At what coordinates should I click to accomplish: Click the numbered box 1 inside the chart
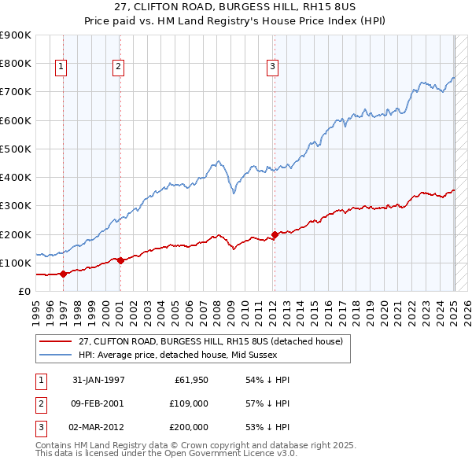point(61,68)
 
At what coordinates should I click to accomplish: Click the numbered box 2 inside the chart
point(117,68)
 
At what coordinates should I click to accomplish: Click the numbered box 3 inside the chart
point(272,68)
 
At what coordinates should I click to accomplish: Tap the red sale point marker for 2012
point(275,234)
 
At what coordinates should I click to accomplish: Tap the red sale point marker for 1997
point(64,273)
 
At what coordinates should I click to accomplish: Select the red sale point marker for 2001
point(120,260)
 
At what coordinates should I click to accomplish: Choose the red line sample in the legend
point(55,342)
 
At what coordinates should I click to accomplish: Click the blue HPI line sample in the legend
point(55,355)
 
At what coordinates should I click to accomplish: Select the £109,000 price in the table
point(189,403)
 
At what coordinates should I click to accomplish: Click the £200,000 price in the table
point(189,427)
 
